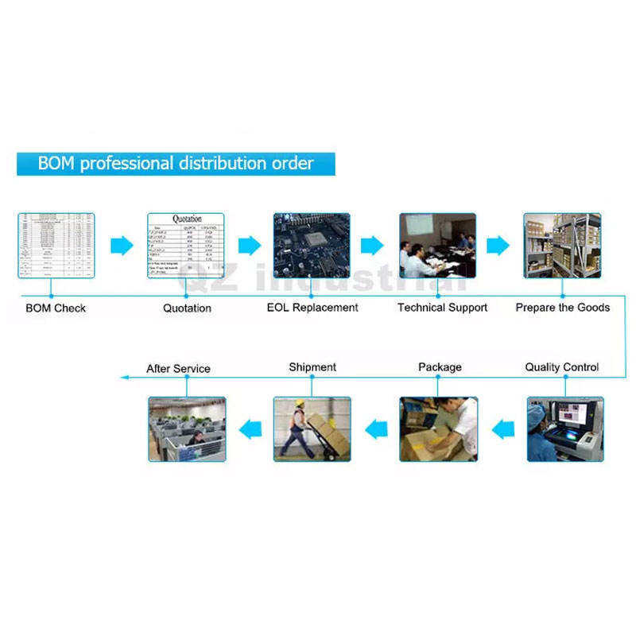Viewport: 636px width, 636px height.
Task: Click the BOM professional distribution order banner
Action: point(176,164)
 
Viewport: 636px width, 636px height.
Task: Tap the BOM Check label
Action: point(56,308)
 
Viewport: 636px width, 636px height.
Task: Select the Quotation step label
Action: point(187,308)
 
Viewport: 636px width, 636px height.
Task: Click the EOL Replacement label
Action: point(312,308)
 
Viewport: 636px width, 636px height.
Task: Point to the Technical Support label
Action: point(442,308)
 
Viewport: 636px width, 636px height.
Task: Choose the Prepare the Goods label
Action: point(563,308)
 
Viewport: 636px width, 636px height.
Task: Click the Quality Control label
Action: point(562,367)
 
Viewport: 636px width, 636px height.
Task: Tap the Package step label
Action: point(440,367)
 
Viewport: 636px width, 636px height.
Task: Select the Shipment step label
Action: point(312,367)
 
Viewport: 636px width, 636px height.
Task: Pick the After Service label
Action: point(178,369)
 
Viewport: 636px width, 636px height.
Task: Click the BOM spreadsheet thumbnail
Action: point(56,245)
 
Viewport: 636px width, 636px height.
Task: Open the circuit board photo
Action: point(312,245)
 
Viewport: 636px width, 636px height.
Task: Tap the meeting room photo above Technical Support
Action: point(437,245)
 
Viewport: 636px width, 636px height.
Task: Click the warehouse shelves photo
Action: point(562,245)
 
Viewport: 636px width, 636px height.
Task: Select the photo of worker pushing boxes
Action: point(312,429)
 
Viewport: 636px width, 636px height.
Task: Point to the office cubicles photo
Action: point(187,429)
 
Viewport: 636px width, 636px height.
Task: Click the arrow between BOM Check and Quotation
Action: point(122,246)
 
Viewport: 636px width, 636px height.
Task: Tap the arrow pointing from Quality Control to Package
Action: point(502,430)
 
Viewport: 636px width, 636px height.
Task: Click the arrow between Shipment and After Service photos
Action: point(250,430)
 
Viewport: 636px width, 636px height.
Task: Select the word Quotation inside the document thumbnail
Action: point(187,219)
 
